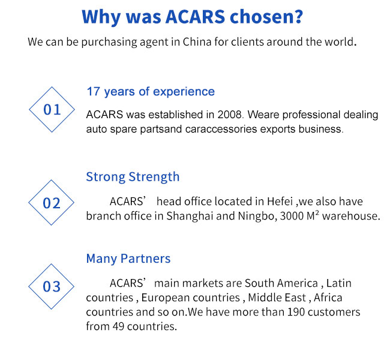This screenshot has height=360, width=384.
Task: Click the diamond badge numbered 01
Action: [x=52, y=86]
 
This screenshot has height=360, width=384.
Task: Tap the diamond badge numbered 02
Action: [x=51, y=180]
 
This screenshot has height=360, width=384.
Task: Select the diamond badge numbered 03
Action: [x=51, y=264]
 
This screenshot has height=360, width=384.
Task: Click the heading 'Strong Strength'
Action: [x=133, y=177]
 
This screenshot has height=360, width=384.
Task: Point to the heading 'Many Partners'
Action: [x=128, y=259]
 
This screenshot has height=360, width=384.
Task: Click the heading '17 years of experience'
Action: [x=151, y=92]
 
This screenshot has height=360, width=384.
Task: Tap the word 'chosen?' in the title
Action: [x=266, y=17]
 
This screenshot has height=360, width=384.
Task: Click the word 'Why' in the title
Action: [x=101, y=17]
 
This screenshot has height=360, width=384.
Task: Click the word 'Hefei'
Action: [x=280, y=202]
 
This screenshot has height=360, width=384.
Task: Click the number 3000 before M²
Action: [x=292, y=216]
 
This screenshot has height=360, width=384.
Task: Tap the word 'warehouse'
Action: [x=350, y=216]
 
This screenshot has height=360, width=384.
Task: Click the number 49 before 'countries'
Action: [x=119, y=326]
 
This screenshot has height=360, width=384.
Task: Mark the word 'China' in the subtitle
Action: [x=197, y=42]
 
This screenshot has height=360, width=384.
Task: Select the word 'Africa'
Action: [x=328, y=298]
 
